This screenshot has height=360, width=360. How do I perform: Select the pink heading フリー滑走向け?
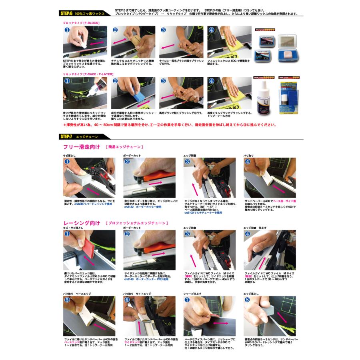[82, 147]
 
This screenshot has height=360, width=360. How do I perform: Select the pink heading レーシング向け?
[82, 223]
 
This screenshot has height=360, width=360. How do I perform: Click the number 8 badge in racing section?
[248, 300]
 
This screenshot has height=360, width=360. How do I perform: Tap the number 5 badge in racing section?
[67, 300]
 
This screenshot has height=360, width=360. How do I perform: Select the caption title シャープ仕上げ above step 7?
[192, 294]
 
